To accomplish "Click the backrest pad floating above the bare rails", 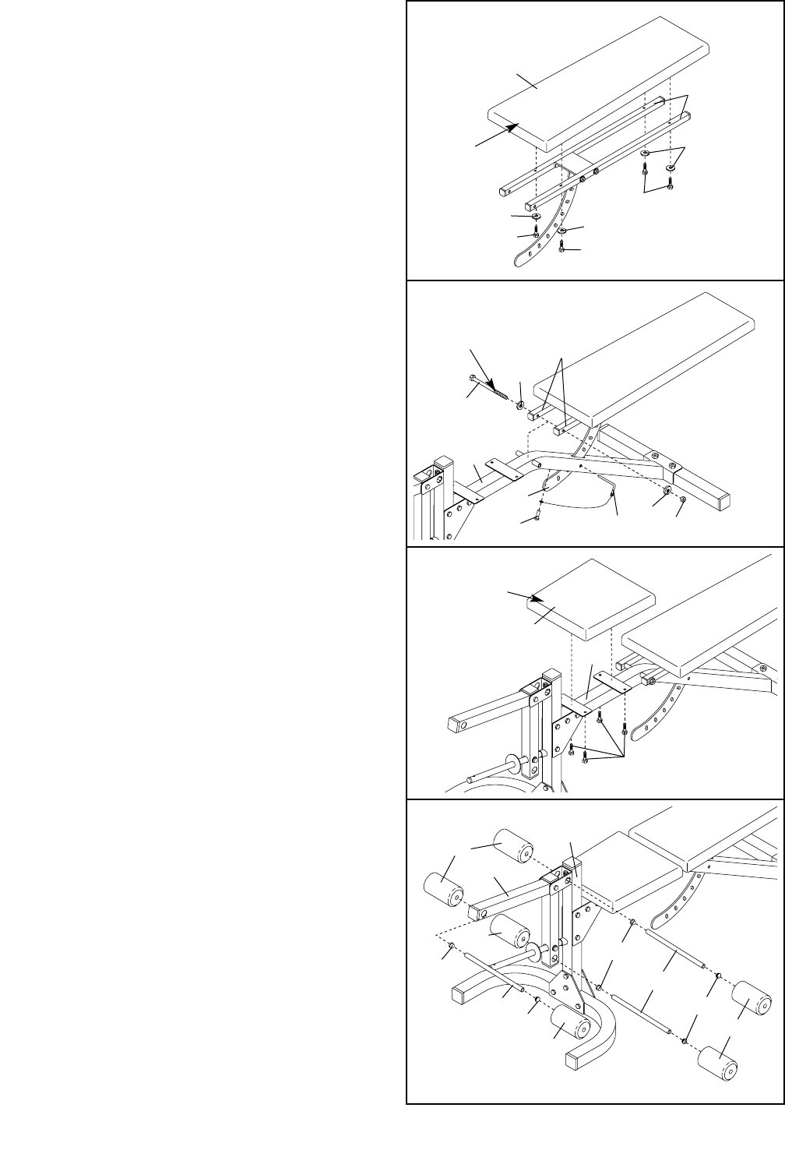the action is pyautogui.click(x=600, y=86).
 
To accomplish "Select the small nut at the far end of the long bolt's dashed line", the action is pyautogui.click(x=683, y=499).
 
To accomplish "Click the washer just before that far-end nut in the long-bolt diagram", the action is pyautogui.click(x=667, y=492).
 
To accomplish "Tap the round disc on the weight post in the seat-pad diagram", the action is pyautogui.click(x=513, y=762).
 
